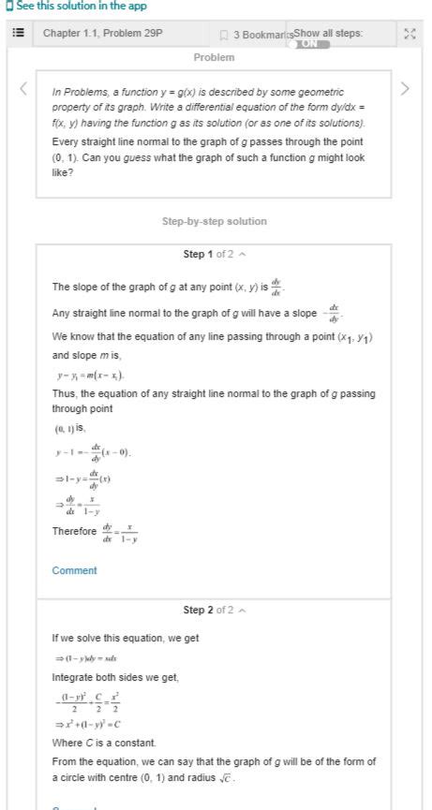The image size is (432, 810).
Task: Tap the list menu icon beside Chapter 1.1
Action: [x=18, y=34]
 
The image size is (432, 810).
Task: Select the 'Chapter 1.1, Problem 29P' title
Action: [x=103, y=34]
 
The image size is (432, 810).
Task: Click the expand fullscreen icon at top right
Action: [x=409, y=34]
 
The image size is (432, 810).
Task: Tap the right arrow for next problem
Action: [x=405, y=89]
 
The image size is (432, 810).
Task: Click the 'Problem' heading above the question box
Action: [x=214, y=57]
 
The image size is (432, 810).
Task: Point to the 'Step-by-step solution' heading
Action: [x=214, y=222]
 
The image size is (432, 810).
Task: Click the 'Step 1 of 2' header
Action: [x=213, y=255]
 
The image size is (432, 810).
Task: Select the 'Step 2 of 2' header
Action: [x=213, y=611]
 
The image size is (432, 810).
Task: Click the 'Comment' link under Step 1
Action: [x=74, y=570]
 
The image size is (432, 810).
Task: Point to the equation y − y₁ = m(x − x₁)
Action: [x=90, y=376]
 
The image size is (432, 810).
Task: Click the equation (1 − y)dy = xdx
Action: [x=90, y=658]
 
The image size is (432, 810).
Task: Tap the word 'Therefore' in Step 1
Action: [x=74, y=532]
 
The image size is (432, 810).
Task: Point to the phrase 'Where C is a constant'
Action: [x=102, y=743]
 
